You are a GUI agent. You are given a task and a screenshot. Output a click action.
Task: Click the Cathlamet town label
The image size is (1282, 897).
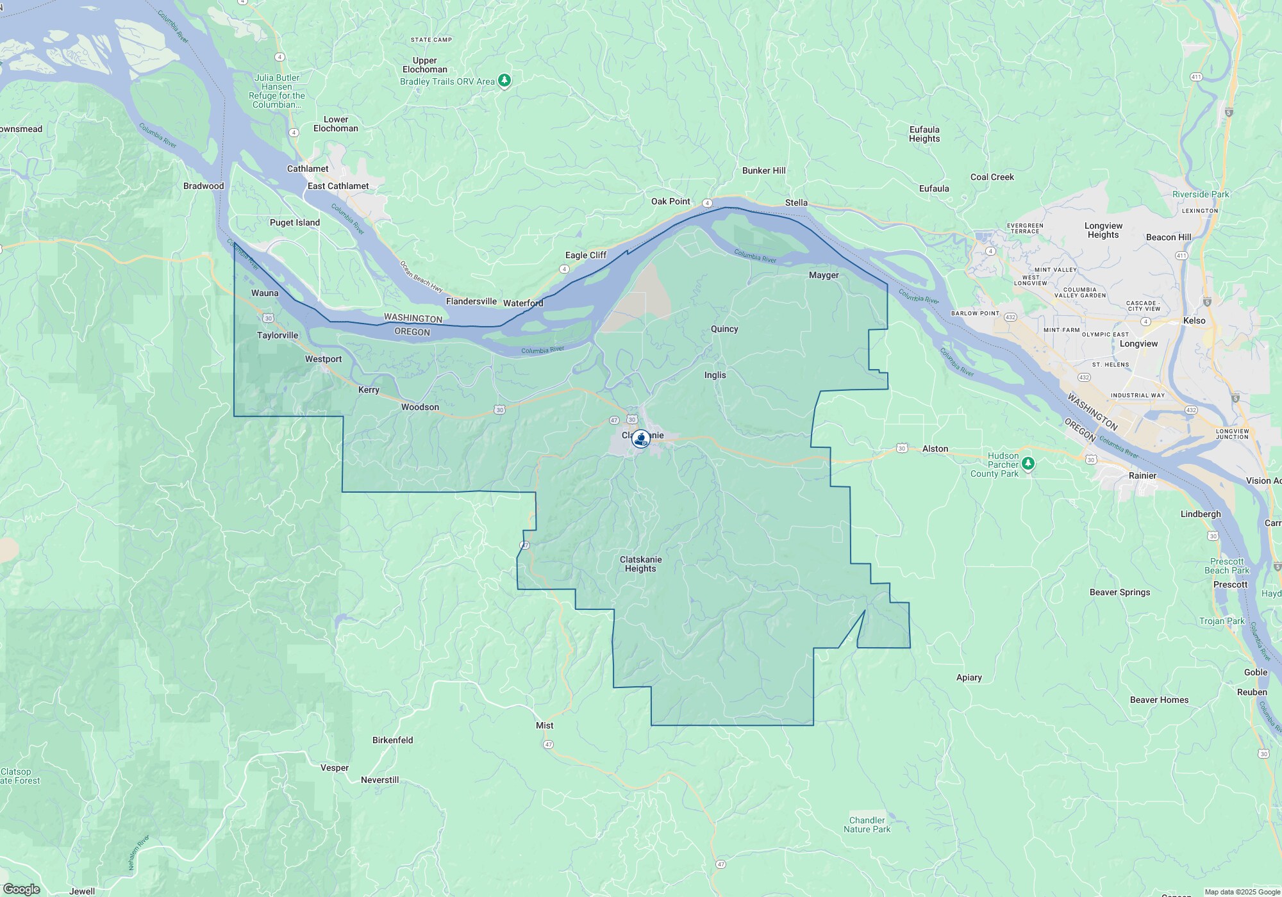[x=308, y=169]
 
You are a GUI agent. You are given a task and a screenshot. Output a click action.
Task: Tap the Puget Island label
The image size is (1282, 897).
[x=294, y=223]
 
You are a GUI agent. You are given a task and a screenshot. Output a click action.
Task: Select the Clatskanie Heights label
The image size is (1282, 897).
[x=640, y=564]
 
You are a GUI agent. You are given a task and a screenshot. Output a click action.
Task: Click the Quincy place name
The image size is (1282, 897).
[x=724, y=329]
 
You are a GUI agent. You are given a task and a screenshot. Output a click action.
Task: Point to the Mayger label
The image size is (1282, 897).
[x=824, y=276]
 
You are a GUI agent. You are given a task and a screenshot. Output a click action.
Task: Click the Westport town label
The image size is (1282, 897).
[x=323, y=359]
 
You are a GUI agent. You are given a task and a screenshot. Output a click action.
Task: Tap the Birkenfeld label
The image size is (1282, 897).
[x=392, y=741]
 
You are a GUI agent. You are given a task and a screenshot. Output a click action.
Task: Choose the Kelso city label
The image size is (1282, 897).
[x=1194, y=321]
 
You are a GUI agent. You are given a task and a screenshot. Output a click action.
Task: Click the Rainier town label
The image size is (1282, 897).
[x=1142, y=476]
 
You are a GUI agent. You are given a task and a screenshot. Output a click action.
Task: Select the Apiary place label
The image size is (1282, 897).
[x=969, y=678]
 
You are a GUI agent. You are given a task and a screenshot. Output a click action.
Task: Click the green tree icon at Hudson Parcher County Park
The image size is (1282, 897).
[x=1028, y=463]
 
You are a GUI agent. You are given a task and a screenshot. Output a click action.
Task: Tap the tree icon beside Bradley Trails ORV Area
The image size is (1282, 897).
[x=504, y=81]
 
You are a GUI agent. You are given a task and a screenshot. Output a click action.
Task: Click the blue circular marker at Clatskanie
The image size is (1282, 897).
[x=640, y=439]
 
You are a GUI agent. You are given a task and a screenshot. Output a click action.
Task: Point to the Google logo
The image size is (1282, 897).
[x=21, y=889]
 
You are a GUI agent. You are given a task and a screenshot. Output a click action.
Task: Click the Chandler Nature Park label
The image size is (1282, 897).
[x=867, y=825]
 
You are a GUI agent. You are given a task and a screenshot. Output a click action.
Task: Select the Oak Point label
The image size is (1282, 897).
[x=670, y=202]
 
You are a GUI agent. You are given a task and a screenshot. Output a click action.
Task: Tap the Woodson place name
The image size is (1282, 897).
[x=420, y=407]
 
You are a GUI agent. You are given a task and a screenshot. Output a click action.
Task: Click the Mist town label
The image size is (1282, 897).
[x=544, y=726]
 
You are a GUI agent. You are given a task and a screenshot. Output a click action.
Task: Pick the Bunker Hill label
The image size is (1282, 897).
[x=763, y=171]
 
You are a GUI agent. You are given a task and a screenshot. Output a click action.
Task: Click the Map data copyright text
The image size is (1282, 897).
[x=1242, y=893]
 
